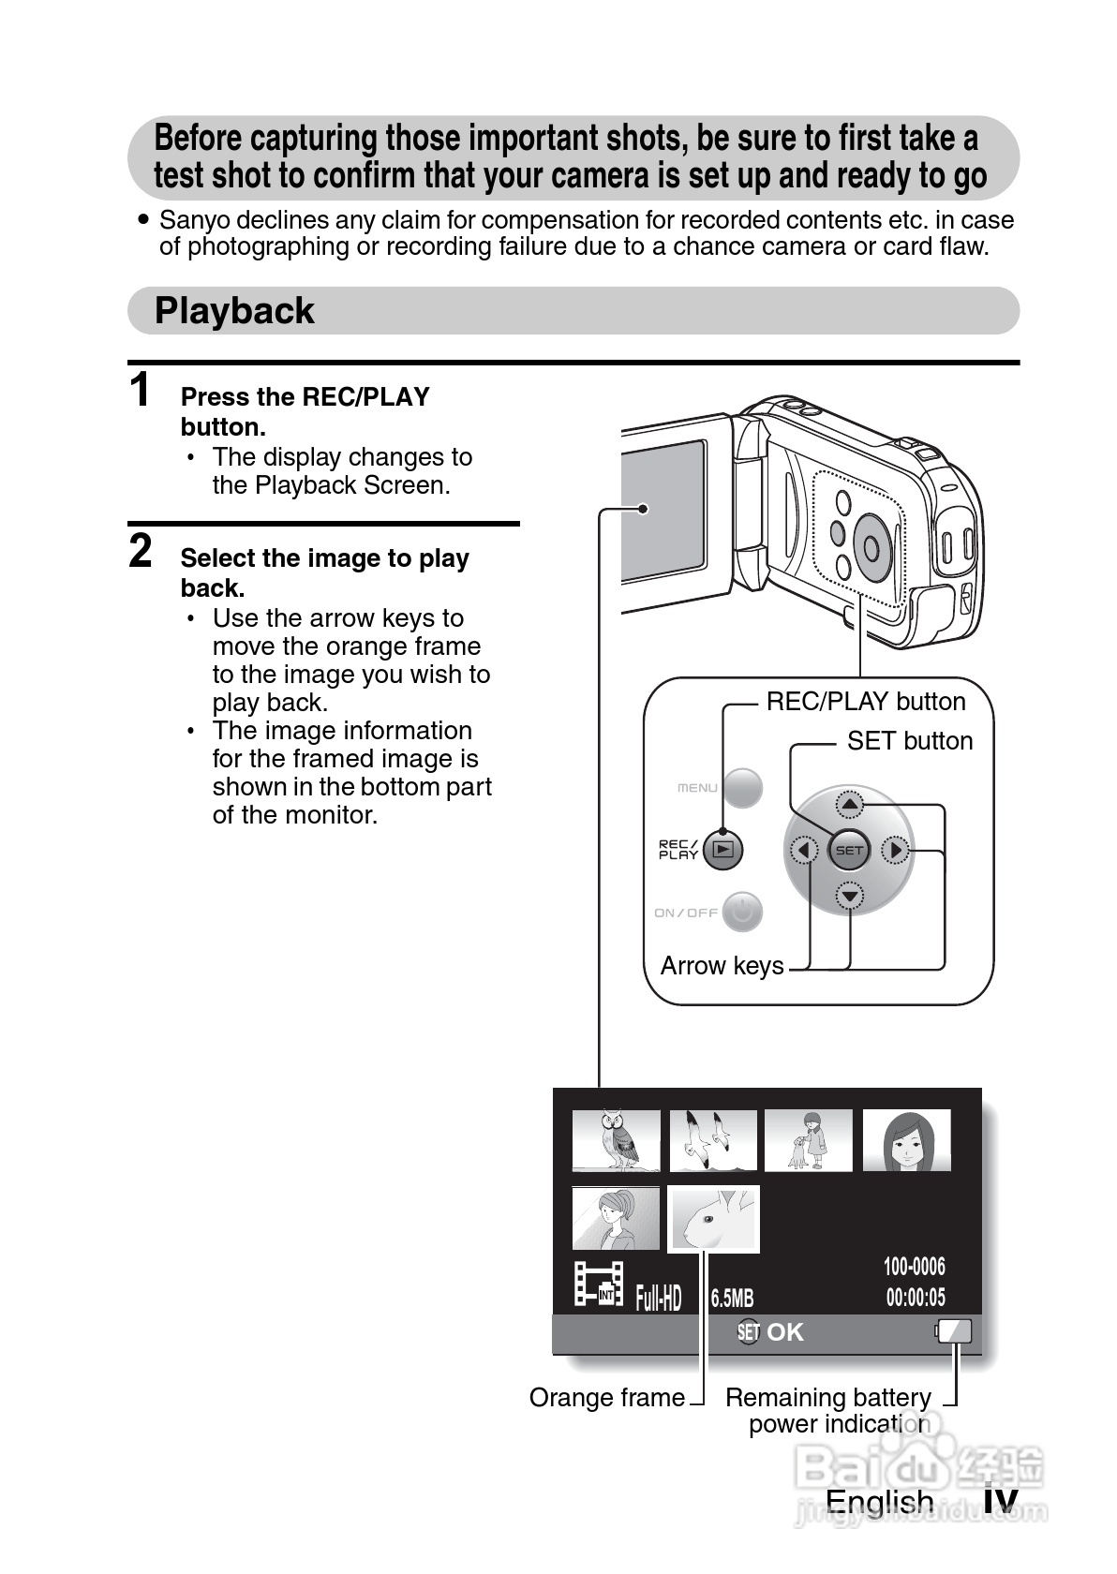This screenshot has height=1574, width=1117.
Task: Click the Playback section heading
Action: [x=234, y=311]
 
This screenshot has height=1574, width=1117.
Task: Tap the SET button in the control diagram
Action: [x=849, y=851]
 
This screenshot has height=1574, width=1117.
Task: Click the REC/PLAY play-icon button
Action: [x=722, y=850]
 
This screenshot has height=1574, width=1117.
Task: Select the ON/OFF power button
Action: [x=742, y=912]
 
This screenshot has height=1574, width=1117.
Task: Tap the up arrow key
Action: [x=849, y=804]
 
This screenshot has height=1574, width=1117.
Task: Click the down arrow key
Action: [x=849, y=897]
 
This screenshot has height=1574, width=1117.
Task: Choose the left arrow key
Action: [x=803, y=851]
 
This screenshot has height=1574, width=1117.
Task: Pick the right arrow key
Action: [x=896, y=851]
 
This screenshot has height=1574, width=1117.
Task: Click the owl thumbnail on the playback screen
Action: [x=616, y=1140]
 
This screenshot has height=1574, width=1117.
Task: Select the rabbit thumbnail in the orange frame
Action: [x=713, y=1219]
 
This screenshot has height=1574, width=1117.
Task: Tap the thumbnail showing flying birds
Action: [x=713, y=1140]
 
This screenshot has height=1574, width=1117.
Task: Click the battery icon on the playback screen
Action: [x=955, y=1331]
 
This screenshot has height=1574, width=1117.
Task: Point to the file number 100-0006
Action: [x=915, y=1267]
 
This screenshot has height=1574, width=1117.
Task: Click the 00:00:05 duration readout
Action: [x=916, y=1298]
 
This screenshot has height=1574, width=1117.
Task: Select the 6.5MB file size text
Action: [x=732, y=1299]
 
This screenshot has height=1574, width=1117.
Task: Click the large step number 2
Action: [x=141, y=551]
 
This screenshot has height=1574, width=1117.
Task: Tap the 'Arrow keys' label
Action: [x=722, y=966]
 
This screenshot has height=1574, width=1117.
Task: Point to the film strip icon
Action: [x=599, y=1284]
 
